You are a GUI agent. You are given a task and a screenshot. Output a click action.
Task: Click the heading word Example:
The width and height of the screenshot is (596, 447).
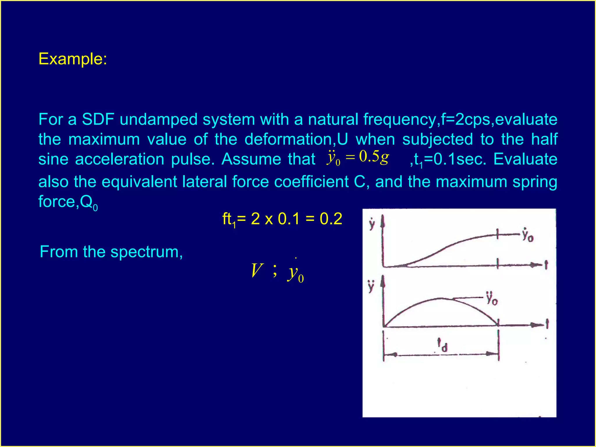[73, 59]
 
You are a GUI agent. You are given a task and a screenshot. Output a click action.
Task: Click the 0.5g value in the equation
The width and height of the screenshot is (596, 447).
[374, 157]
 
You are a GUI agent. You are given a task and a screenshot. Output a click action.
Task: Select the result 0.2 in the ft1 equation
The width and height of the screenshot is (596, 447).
[331, 219]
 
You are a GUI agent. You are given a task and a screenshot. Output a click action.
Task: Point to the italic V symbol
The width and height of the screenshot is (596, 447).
[257, 271]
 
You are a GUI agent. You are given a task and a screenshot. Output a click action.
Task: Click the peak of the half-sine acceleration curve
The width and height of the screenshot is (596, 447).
[441, 299]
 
